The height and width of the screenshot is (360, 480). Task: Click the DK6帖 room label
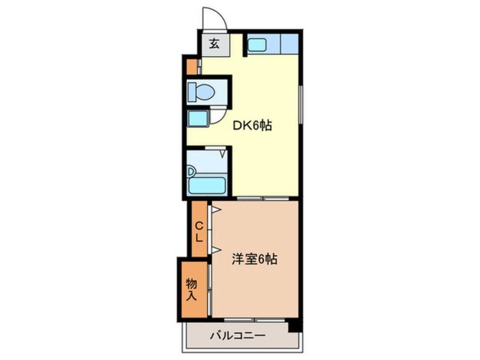[x=253, y=125]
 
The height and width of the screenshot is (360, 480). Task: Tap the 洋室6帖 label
[x=254, y=259]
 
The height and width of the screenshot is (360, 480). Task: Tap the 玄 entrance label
[x=214, y=44]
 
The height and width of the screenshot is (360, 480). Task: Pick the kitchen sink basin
[x=258, y=44]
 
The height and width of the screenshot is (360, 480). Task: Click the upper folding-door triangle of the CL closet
[x=215, y=210]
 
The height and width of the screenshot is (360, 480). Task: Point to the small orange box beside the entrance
[x=192, y=66]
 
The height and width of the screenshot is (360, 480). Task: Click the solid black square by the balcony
[x=293, y=326]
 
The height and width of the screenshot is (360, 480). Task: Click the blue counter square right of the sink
[x=289, y=44]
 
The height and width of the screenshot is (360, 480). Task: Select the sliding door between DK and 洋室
[x=263, y=199]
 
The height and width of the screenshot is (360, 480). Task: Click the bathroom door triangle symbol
[x=223, y=152]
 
